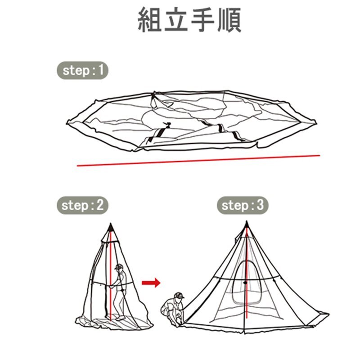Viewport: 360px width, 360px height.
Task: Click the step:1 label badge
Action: point(82,71)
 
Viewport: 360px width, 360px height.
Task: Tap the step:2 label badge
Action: point(82,205)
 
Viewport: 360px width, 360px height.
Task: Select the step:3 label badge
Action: point(243,205)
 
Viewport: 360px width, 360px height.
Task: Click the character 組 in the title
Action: point(149,19)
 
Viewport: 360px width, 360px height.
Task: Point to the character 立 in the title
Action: point(176,19)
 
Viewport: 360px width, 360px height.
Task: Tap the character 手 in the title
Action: point(202,19)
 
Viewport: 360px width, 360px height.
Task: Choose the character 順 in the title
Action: point(229,19)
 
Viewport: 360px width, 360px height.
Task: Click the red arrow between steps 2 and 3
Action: point(151,283)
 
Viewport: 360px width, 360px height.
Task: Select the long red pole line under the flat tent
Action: point(198,161)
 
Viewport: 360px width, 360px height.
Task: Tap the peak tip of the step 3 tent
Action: point(247,223)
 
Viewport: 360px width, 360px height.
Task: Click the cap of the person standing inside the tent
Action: point(119,267)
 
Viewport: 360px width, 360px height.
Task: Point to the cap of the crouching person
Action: point(179,295)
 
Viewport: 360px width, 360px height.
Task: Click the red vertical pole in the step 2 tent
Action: point(111,275)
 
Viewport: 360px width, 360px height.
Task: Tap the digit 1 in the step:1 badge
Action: point(101,70)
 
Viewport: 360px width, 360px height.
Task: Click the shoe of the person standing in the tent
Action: point(121,318)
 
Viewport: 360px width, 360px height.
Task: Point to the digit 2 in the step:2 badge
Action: point(100,205)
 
